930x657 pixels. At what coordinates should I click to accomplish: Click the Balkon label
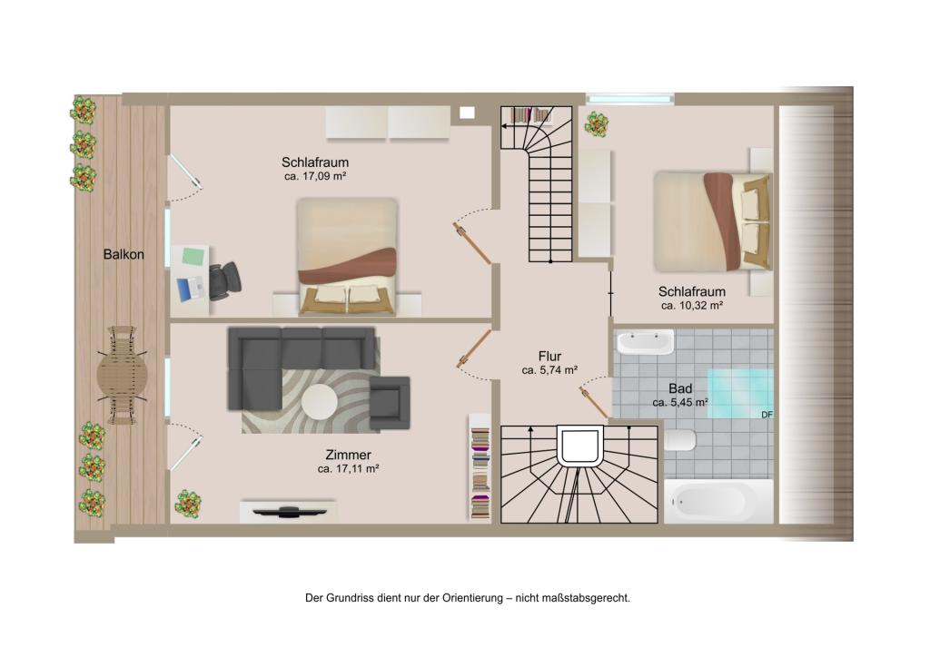pyautogui.click(x=124, y=254)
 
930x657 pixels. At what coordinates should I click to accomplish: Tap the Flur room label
pyautogui.click(x=549, y=356)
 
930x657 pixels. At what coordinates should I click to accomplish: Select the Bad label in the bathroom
pyautogui.click(x=680, y=388)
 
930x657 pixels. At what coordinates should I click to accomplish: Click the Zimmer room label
pyautogui.click(x=348, y=455)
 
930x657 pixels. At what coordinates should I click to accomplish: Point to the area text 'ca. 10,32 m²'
pyautogui.click(x=692, y=306)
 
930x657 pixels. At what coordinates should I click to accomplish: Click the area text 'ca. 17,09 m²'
pyautogui.click(x=315, y=177)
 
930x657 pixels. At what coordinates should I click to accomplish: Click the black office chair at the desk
pyautogui.click(x=225, y=280)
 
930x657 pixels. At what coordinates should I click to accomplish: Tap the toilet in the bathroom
pyautogui.click(x=679, y=440)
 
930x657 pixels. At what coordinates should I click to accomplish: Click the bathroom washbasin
pyautogui.click(x=645, y=342)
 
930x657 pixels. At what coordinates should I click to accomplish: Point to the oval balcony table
pyautogui.click(x=123, y=375)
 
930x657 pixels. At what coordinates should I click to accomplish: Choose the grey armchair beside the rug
pyautogui.click(x=389, y=403)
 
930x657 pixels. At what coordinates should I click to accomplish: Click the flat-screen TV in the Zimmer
pyautogui.click(x=289, y=510)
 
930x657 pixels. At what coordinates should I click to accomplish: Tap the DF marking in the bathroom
pyautogui.click(x=767, y=415)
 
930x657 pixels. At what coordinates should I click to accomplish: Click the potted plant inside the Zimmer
pyautogui.click(x=188, y=504)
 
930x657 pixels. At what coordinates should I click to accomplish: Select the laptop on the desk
pyautogui.click(x=191, y=289)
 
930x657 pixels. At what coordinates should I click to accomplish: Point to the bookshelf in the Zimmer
pyautogui.click(x=480, y=468)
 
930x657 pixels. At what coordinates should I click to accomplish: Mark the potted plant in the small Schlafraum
pyautogui.click(x=597, y=124)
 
